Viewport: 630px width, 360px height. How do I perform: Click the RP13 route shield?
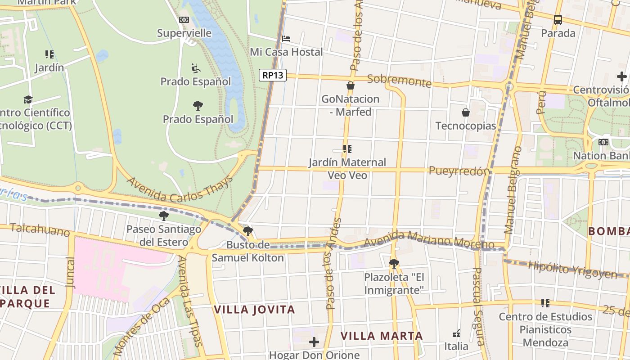pyautogui.click(x=273, y=75)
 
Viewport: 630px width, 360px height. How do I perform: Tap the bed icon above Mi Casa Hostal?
pyautogui.click(x=286, y=39)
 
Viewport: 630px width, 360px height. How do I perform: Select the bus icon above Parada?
pyautogui.click(x=558, y=19)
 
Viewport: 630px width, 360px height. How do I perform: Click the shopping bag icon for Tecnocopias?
pyautogui.click(x=466, y=112)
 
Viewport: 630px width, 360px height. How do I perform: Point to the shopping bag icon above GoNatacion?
pyautogui.click(x=351, y=85)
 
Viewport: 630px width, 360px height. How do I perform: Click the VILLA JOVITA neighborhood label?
pyautogui.click(x=254, y=310)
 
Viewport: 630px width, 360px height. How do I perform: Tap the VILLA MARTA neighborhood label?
pyautogui.click(x=382, y=336)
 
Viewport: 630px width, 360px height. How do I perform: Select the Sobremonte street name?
pyautogui.click(x=399, y=81)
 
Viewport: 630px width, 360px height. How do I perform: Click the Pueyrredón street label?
pyautogui.click(x=459, y=171)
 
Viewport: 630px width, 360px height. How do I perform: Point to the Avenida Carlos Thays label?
pyautogui.click(x=180, y=189)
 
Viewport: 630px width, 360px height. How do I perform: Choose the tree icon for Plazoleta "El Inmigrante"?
pyautogui.click(x=394, y=264)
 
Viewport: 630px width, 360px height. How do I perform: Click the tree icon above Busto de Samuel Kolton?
pyautogui.click(x=247, y=232)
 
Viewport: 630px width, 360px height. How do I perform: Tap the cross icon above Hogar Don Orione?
pyautogui.click(x=314, y=342)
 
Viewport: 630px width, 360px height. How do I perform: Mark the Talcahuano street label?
pyautogui.click(x=40, y=229)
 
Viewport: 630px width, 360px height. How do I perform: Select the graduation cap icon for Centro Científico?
pyautogui.click(x=28, y=99)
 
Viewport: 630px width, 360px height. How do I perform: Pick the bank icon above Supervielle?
pyautogui.click(x=184, y=20)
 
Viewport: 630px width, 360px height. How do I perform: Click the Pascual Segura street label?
pyautogui.click(x=478, y=306)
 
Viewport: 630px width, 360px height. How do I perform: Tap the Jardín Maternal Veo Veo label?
pyautogui.click(x=347, y=168)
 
